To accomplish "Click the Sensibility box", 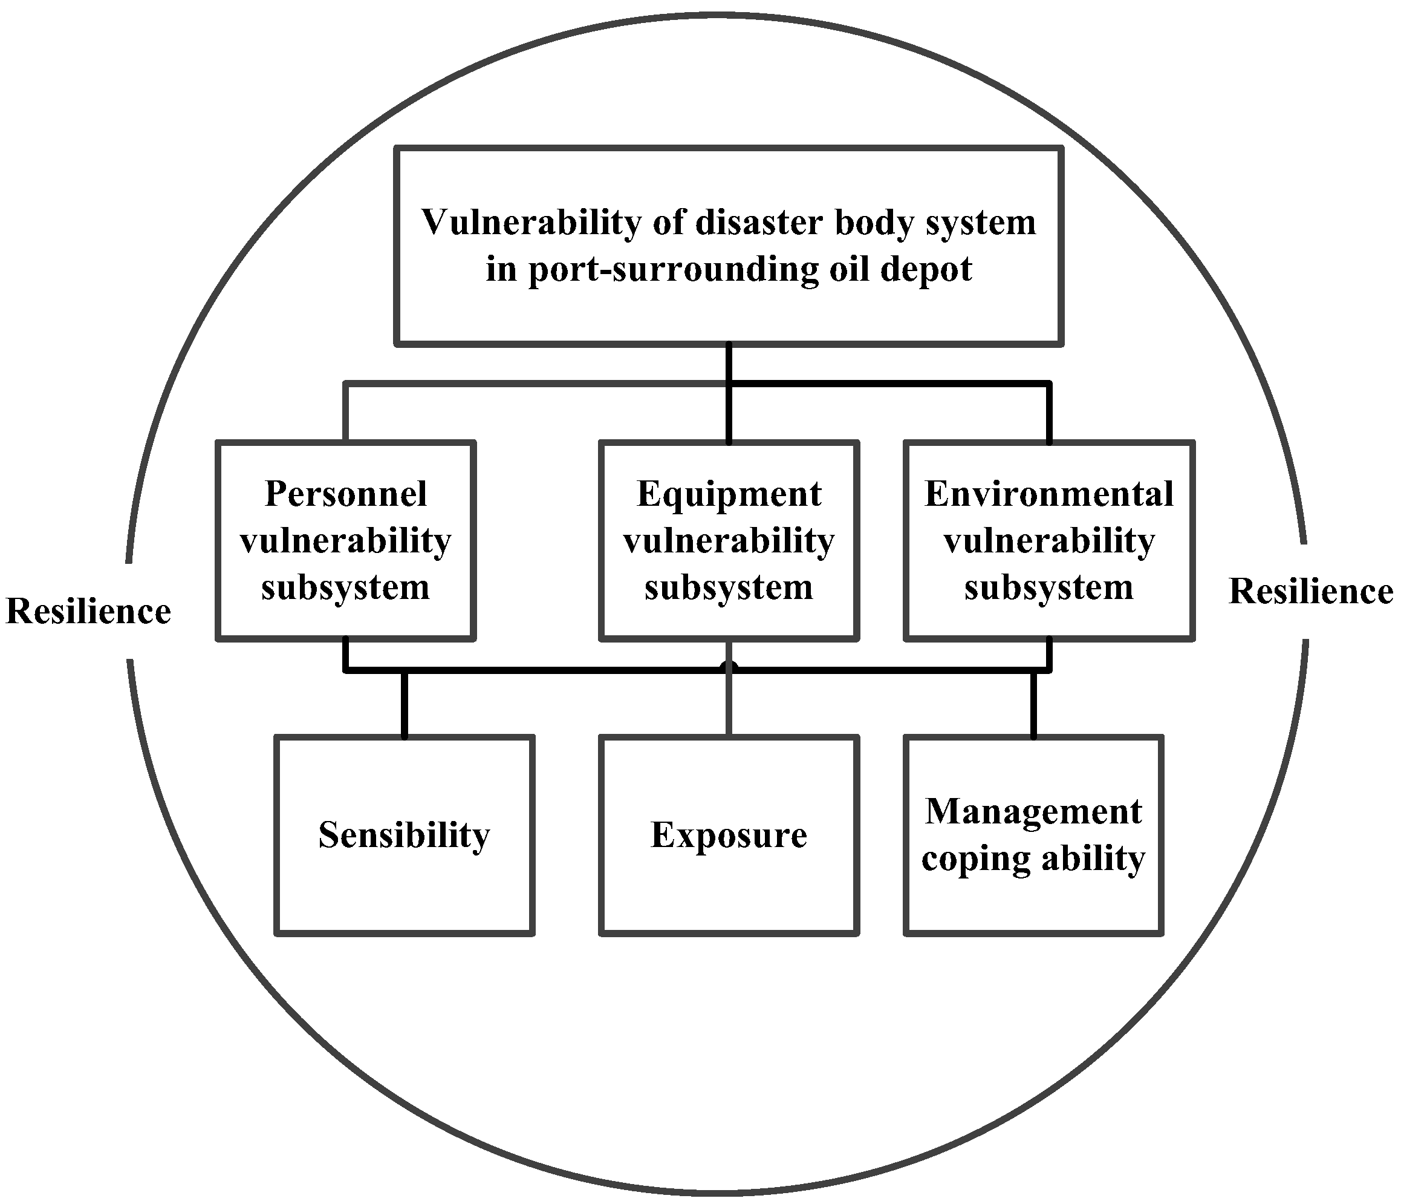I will [x=405, y=836].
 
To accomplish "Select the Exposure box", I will [x=729, y=836].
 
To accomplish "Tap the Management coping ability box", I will [x=1033, y=836].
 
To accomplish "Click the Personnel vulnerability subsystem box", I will [x=345, y=540].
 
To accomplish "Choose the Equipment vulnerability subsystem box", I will [x=729, y=540].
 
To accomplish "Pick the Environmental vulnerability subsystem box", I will [x=1048, y=540].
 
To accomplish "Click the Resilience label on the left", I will [x=88, y=612].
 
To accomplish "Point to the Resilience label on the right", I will [x=1310, y=591].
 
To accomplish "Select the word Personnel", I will [x=345, y=494].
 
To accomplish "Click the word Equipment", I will [x=729, y=494].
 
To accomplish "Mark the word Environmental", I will [x=1048, y=494].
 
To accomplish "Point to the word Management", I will [x=1033, y=812].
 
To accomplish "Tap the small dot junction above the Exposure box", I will [x=729, y=667].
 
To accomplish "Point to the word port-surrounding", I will [x=673, y=269].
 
